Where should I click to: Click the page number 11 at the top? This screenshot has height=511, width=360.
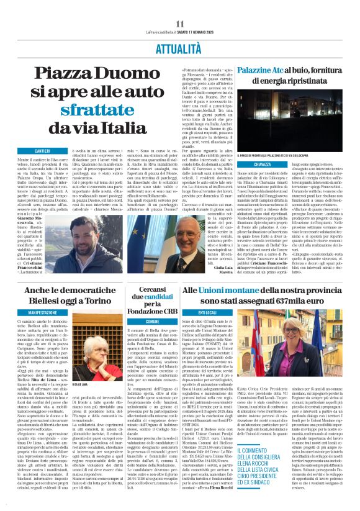point(180,24)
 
